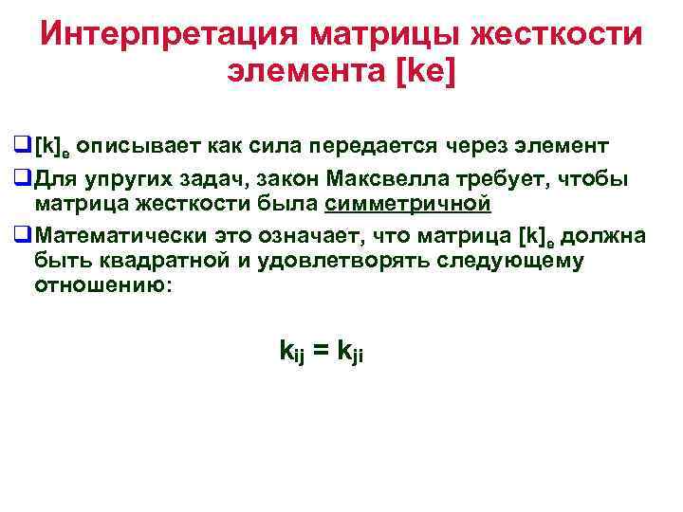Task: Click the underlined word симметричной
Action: pos(407,204)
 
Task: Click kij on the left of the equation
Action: pos(291,352)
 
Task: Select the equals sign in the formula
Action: pos(321,351)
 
